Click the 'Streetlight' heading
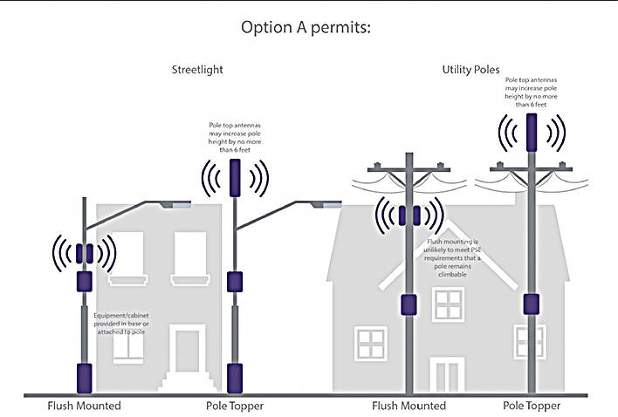click(x=197, y=71)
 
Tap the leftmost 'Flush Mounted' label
click(x=84, y=406)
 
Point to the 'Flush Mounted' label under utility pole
click(x=409, y=406)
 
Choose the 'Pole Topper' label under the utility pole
click(x=532, y=406)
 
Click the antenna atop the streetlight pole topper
click(x=233, y=177)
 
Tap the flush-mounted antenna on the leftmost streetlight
click(x=84, y=254)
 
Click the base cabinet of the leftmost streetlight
click(x=85, y=377)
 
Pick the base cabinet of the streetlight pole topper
click(x=233, y=378)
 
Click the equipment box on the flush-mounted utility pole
click(x=408, y=304)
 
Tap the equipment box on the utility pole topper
click(x=529, y=304)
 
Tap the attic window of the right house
click(x=447, y=304)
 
